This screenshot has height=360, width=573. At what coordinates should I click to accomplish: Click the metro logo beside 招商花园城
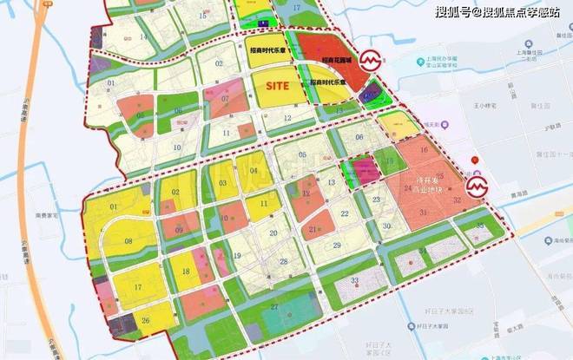click(x=371, y=62)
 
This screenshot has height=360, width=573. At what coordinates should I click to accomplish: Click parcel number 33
click(x=355, y=281)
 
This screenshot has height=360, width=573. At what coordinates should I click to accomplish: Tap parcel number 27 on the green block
click(x=273, y=306)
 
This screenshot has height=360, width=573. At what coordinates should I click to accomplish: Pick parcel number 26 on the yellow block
click(x=145, y=321)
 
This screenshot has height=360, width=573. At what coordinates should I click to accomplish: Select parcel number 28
click(x=284, y=261)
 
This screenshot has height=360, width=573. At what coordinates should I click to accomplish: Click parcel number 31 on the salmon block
click(x=424, y=213)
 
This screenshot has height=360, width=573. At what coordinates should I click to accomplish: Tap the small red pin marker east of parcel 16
click(x=473, y=160)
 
